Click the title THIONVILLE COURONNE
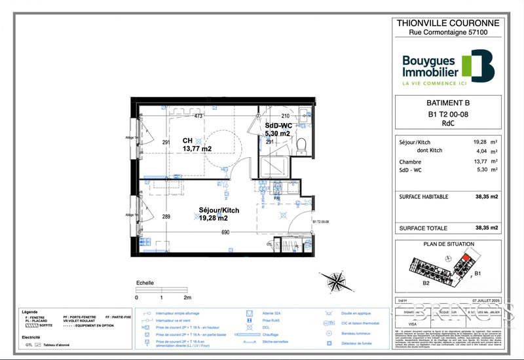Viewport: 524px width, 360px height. [x=449, y=23]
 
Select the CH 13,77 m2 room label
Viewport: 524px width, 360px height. [x=196, y=145]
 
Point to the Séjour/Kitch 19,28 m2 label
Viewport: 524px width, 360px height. [x=219, y=214]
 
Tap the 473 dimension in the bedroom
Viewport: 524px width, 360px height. [x=198, y=117]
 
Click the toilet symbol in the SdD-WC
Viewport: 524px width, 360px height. [x=301, y=143]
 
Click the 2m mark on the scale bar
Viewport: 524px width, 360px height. [x=187, y=297]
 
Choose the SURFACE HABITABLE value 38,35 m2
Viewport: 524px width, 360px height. [x=487, y=196]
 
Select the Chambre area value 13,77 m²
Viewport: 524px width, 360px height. [x=485, y=161]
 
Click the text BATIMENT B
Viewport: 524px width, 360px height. [x=448, y=103]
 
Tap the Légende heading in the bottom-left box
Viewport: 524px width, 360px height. [x=30, y=312]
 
